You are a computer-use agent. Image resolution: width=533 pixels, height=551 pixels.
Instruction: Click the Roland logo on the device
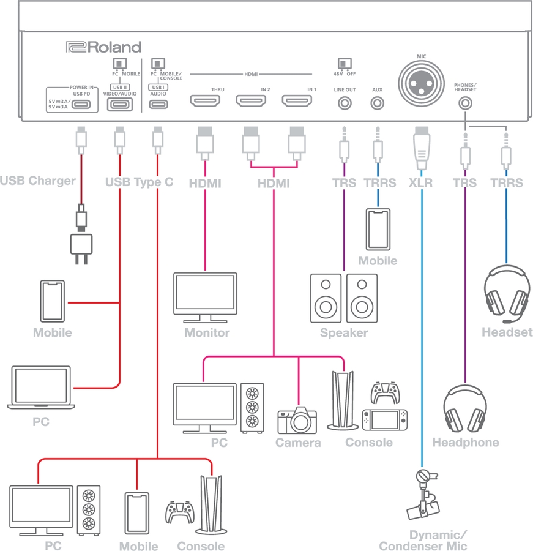coord(103,47)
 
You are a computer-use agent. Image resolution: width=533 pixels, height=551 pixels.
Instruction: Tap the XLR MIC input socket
coord(421,81)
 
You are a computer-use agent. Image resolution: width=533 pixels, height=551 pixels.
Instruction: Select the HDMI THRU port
coord(206,101)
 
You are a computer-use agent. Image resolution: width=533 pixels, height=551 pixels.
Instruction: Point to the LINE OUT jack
coord(345,103)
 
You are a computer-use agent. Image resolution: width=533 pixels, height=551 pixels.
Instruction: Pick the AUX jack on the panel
coord(377,103)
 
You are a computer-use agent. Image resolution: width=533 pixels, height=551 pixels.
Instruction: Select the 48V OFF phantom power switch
coord(345,63)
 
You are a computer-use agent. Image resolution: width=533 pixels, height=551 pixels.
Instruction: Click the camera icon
coord(297,421)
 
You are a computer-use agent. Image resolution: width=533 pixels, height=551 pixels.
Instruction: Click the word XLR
coord(421,183)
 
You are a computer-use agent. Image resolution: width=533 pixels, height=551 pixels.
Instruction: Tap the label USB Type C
coord(139,182)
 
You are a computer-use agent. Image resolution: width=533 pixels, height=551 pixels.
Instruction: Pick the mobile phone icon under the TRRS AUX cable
coord(378,230)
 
